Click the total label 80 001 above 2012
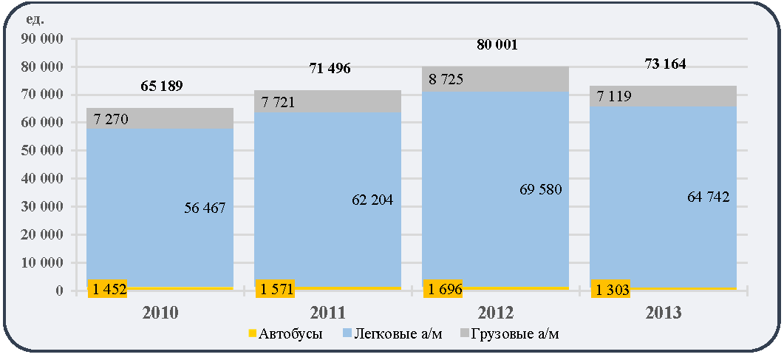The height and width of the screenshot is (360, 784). point(495,46)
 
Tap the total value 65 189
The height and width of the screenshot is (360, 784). point(160,86)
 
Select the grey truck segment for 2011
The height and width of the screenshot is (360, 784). point(327,101)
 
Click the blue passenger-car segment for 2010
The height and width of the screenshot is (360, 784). point(160,208)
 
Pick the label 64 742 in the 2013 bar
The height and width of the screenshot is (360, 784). point(707,197)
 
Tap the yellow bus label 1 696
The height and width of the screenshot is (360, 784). point(443,289)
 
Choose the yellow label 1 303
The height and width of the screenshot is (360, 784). point(610,289)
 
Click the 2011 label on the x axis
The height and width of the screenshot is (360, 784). point(327,313)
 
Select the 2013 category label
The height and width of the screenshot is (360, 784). point(664,313)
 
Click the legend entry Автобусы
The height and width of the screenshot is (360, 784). point(285,334)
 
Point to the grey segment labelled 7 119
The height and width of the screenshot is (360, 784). point(663,96)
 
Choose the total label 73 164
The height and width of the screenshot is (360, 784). point(663,64)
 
